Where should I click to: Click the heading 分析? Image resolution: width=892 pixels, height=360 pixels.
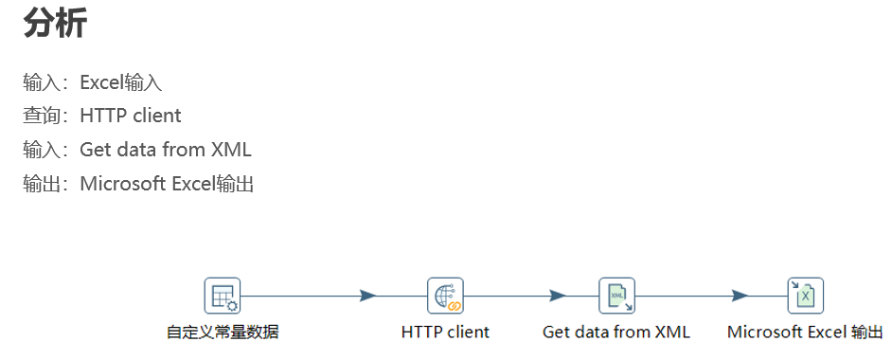point(55,23)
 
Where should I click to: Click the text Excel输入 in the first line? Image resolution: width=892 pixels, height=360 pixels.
point(120,82)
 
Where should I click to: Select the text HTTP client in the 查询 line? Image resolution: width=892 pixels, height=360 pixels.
point(130,116)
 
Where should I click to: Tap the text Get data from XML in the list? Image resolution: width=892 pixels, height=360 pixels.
point(165,150)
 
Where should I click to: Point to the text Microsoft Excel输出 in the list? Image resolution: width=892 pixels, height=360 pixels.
point(167,184)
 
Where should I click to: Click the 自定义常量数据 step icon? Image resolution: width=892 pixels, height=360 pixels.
point(223,296)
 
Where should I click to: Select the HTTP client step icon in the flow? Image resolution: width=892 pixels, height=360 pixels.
point(445,296)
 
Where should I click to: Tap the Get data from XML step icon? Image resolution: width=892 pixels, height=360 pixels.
point(616,296)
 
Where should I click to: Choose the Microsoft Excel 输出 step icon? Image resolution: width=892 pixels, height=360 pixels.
point(806,296)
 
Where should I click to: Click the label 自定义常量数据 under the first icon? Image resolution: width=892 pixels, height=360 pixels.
point(223,333)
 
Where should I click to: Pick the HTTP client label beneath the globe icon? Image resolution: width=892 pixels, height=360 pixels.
point(445,333)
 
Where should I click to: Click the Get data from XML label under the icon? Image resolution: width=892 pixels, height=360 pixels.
point(616,333)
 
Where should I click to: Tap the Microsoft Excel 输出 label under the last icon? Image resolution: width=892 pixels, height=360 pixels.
point(805,333)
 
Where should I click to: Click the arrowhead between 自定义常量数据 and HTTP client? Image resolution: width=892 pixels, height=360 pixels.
point(368,296)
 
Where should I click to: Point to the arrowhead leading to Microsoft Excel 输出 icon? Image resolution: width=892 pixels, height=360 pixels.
point(740,296)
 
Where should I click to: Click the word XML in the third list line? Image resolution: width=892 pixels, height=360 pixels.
point(231,150)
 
